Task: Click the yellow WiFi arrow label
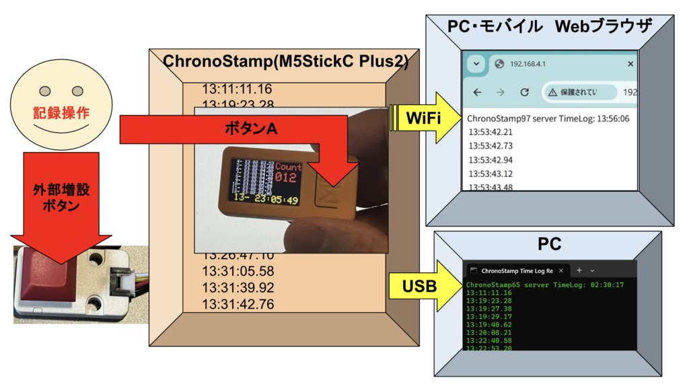pos(423,118)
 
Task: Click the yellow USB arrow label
pos(419,286)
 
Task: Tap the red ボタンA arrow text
pos(250,128)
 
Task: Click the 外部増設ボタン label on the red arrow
pos(61,196)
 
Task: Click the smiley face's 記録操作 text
pos(61,113)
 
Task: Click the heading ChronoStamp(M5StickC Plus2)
pos(285,61)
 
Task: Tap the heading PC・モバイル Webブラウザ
pos(549,27)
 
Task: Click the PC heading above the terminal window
pos(549,243)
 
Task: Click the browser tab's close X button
pos(630,64)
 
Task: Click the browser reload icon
pos(524,92)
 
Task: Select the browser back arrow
pos(477,92)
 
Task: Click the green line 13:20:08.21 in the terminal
pos(488,332)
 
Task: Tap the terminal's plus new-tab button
pos(579,270)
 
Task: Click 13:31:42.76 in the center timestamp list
pos(238,304)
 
